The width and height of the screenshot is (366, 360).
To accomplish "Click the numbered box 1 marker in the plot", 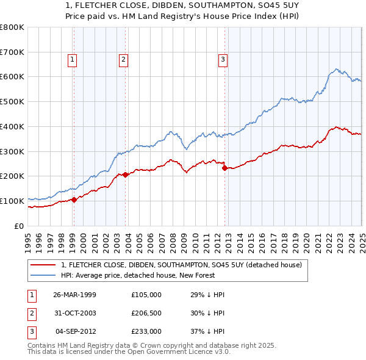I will pos(73,60).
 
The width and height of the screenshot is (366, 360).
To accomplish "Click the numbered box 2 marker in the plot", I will pos(123,60).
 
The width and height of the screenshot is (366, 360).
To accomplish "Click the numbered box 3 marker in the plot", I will pos(223,60).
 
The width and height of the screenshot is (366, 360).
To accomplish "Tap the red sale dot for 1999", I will pos(74,199).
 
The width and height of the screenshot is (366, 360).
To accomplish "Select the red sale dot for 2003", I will pos(125,175).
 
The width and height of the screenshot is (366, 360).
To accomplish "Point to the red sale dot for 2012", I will pos(224,168).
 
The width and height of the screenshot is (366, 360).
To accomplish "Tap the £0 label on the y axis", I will pos(18,226).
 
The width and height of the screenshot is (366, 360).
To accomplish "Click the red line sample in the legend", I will pos(43,265).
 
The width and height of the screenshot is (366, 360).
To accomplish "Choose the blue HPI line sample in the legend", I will pos(43,275).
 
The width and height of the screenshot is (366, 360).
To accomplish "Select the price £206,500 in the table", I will pos(146,313).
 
